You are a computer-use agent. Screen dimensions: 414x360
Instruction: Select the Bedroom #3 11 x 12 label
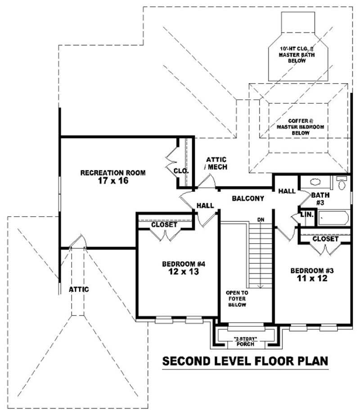(x=311, y=274)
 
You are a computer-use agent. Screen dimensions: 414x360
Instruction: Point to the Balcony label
(x=247, y=198)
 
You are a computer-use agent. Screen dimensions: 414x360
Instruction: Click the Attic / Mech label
(x=216, y=163)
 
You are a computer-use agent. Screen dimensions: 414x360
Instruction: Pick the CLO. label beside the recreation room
(x=181, y=171)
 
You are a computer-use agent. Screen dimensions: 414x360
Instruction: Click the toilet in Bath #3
(x=342, y=183)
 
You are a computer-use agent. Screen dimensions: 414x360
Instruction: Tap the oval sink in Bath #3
(x=315, y=183)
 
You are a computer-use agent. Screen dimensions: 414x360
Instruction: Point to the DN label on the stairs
(x=260, y=219)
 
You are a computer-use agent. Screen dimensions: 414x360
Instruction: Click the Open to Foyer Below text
(x=237, y=298)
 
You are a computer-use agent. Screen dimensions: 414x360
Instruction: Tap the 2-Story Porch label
(x=245, y=342)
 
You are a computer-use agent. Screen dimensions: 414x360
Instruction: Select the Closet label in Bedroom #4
(x=164, y=224)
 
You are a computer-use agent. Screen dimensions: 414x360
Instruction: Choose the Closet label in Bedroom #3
(x=325, y=239)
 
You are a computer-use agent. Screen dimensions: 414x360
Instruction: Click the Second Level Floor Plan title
(x=245, y=361)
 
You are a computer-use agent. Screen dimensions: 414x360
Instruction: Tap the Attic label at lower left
(x=79, y=289)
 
